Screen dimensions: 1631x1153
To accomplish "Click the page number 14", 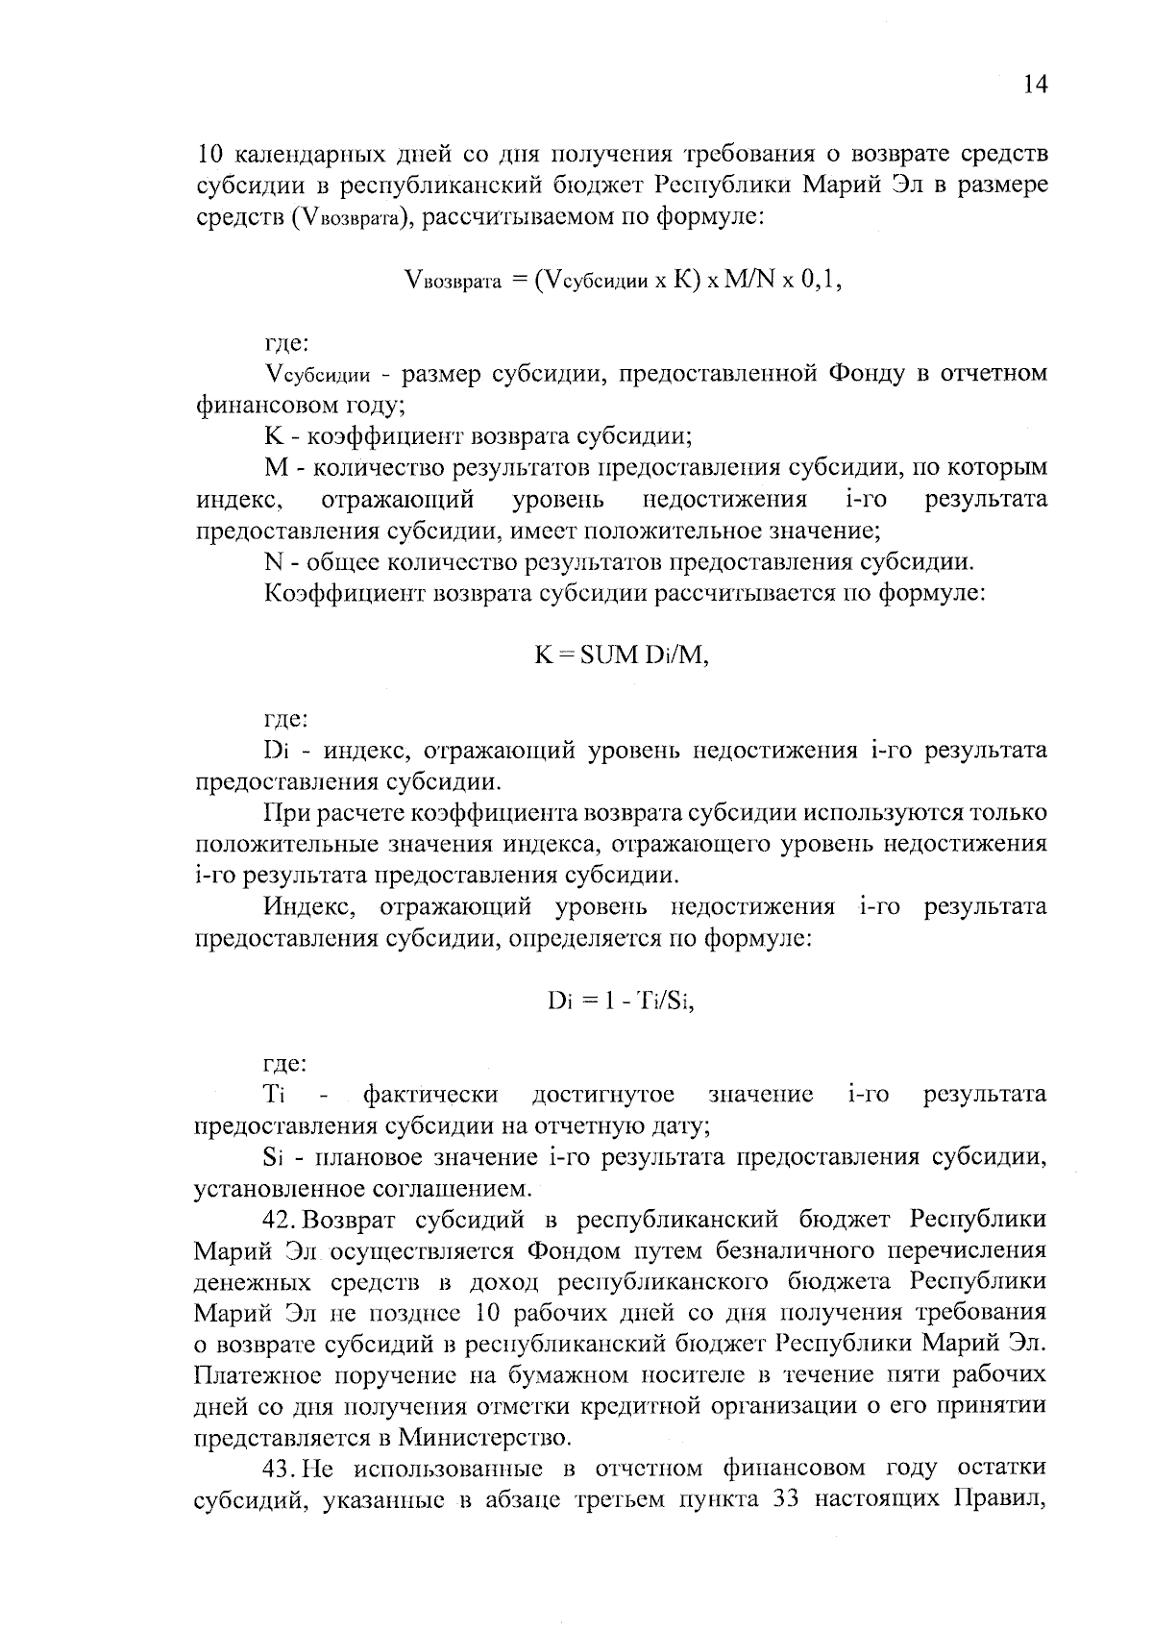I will [x=1034, y=85].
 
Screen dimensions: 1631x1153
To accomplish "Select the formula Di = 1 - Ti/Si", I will [x=621, y=1001].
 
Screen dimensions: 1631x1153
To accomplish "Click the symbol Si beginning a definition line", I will [x=270, y=1157].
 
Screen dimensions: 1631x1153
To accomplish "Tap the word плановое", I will [x=352, y=1157].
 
